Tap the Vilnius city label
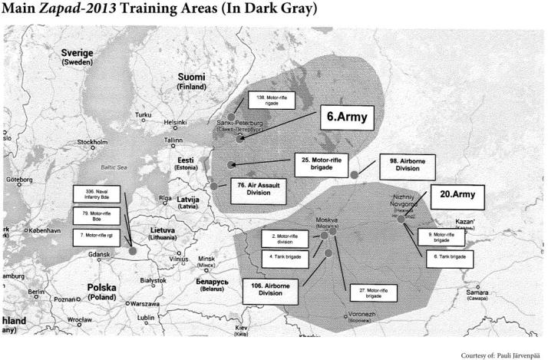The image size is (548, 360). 179,259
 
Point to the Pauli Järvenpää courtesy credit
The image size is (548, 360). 502,355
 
